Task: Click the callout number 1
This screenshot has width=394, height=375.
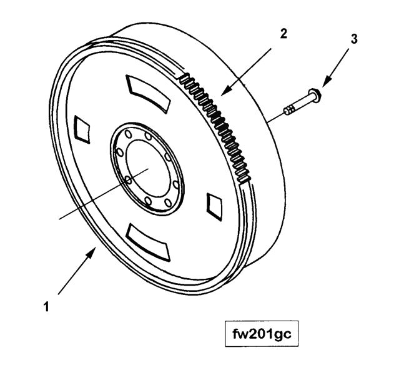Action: click(x=46, y=307)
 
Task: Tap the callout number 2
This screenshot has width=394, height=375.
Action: click(x=283, y=34)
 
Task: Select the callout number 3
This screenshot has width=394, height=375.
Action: click(x=354, y=39)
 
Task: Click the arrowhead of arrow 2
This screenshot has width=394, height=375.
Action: click(x=225, y=91)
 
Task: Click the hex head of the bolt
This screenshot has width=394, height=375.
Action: click(x=316, y=95)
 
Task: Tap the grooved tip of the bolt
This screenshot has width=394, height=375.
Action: click(x=289, y=109)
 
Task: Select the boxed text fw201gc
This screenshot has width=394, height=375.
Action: click(x=262, y=334)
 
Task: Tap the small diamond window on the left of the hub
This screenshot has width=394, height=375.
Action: click(x=82, y=129)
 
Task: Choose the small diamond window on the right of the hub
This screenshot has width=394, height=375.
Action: click(x=214, y=206)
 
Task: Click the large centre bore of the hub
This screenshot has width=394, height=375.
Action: click(x=147, y=168)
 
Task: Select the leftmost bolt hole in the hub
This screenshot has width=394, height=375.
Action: click(x=120, y=152)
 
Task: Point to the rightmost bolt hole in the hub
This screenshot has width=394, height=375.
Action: click(x=176, y=185)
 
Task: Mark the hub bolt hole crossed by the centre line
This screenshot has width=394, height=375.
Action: click(x=128, y=180)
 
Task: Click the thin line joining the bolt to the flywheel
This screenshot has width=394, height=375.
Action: click(x=275, y=117)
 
